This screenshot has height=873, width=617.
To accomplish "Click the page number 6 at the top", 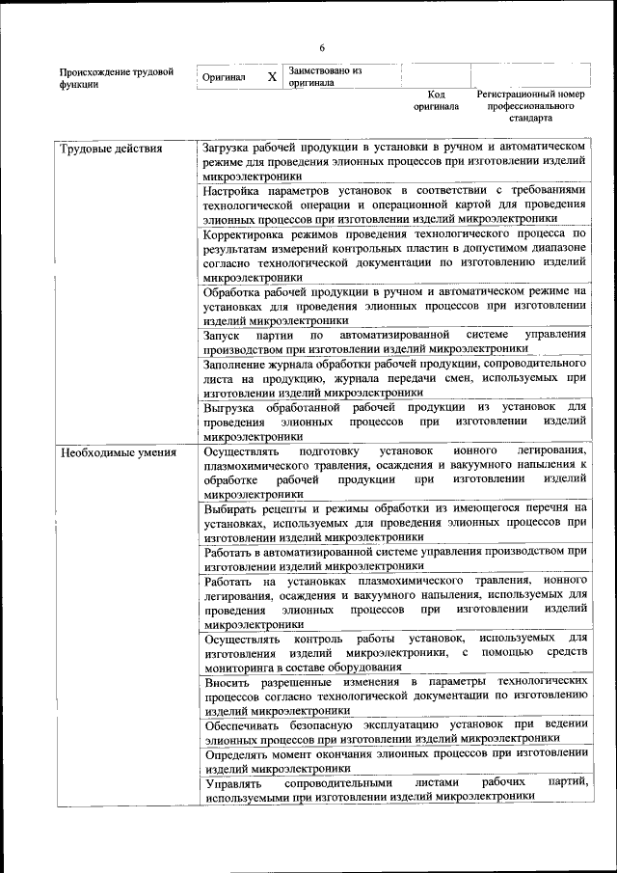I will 322,48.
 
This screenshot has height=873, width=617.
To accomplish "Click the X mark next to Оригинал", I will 272,77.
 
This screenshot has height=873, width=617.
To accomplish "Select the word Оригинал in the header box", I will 223,77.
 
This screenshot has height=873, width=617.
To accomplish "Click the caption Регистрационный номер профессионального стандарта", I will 530,106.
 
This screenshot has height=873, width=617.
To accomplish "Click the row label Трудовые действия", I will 111,149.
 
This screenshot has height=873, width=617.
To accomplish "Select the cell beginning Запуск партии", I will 394,341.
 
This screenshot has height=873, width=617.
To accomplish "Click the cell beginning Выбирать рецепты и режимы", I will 394,522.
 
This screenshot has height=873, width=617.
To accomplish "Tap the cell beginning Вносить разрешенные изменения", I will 394,696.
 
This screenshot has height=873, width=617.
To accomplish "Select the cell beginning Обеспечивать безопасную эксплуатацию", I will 394,730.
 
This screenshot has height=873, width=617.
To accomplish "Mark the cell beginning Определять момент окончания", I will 394,760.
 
